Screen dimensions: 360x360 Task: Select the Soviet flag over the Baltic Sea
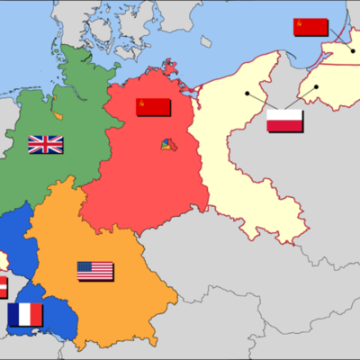310,27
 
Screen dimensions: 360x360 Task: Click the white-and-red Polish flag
284,120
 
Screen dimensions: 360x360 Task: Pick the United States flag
94,271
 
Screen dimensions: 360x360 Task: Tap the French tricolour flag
25,314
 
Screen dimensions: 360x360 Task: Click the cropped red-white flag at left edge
3,287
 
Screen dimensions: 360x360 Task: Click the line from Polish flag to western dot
260,101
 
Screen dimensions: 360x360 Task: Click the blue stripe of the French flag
13,314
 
